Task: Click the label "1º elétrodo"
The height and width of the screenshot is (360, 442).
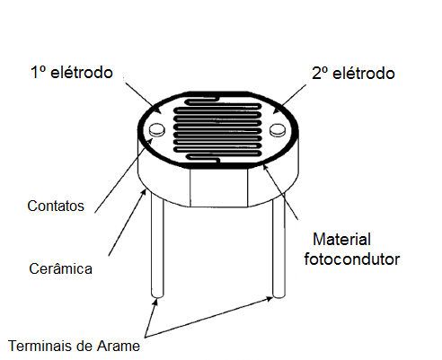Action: tap(72, 73)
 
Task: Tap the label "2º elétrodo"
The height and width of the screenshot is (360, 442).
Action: tap(353, 74)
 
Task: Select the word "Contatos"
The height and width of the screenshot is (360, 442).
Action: tap(56, 206)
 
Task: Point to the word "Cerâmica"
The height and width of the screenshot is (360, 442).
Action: tap(60, 268)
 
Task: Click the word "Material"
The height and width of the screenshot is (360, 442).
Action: tap(341, 240)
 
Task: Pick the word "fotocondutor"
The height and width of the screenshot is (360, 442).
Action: tap(352, 259)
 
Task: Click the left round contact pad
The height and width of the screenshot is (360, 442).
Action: tap(156, 130)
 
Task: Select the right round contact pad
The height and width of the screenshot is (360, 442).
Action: tap(278, 130)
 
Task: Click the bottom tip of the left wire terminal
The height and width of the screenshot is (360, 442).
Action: tap(157, 296)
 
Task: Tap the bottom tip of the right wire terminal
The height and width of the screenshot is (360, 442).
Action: tap(278, 296)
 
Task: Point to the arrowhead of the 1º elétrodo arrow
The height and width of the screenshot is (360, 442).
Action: tap(159, 111)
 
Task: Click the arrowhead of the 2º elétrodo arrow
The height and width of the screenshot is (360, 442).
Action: tap(276, 111)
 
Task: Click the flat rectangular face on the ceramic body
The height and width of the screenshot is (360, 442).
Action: tap(219, 188)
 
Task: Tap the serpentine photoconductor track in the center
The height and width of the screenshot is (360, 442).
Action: tap(218, 129)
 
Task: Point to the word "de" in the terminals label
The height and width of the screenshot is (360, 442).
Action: tap(84, 347)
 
